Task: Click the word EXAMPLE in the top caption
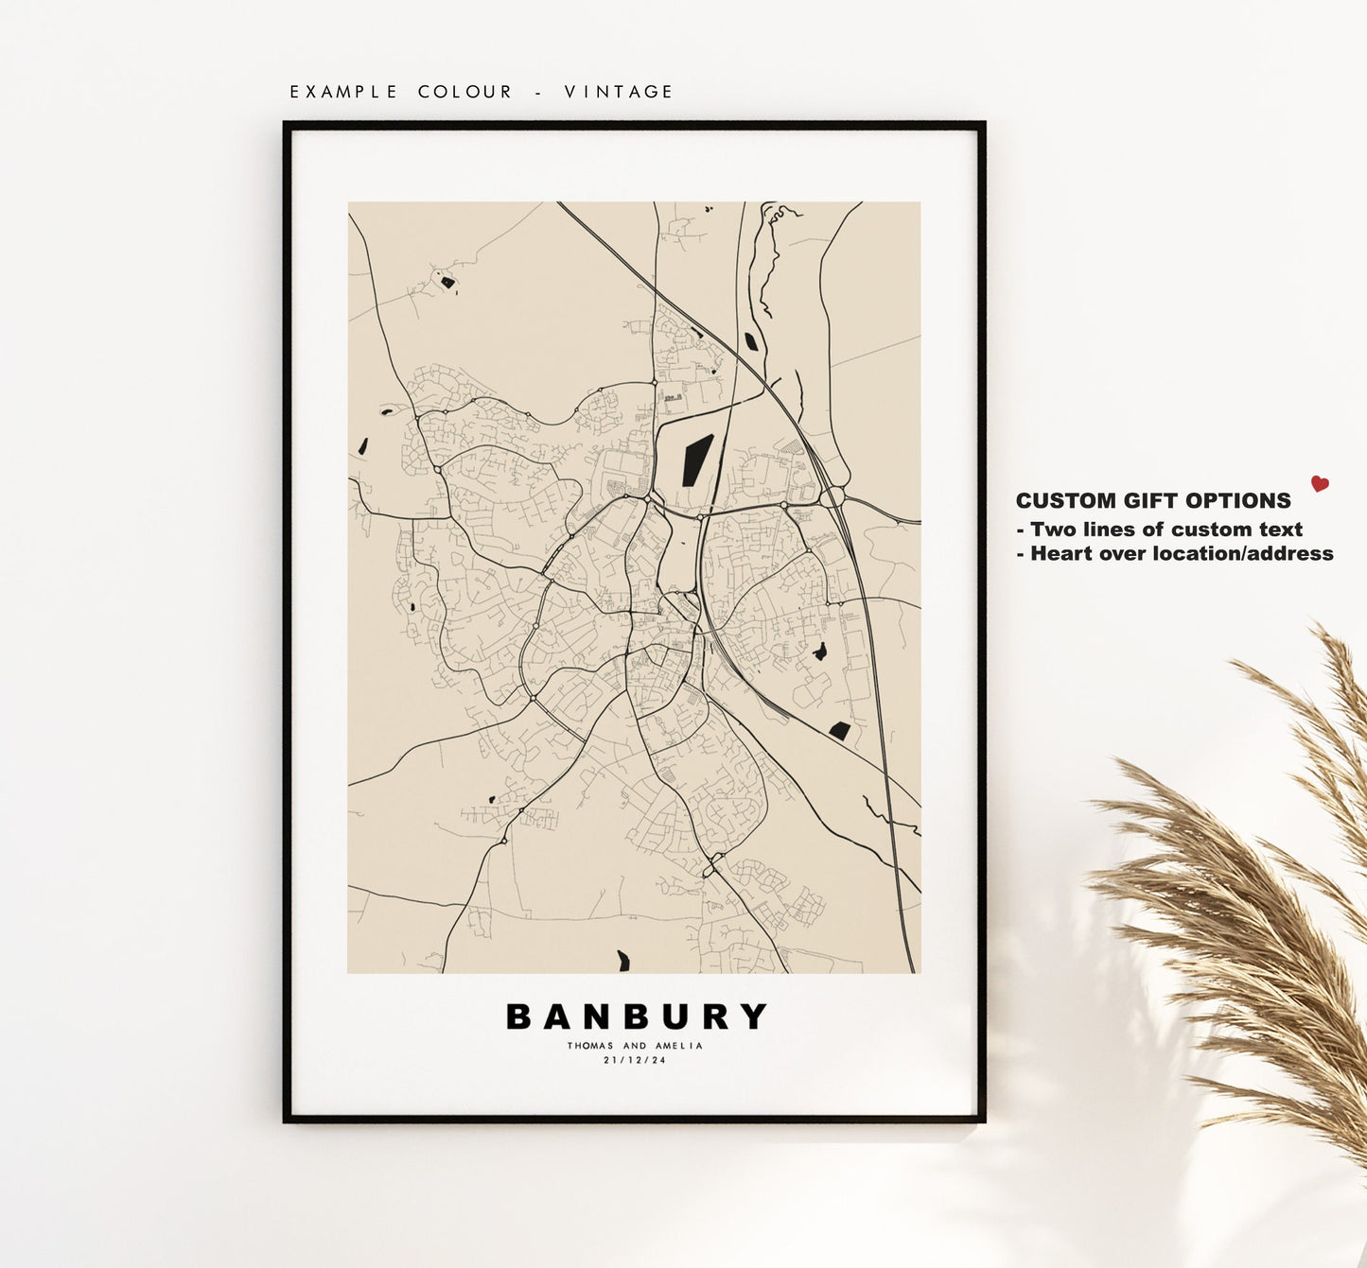pyautogui.click(x=343, y=92)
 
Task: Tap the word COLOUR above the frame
pyautogui.click(x=464, y=92)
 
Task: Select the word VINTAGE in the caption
pyautogui.click(x=619, y=92)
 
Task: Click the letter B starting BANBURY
pyautogui.click(x=519, y=1016)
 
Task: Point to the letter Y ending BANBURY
pyautogui.click(x=754, y=1016)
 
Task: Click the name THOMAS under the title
pyautogui.click(x=591, y=1046)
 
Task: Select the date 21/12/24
pyautogui.click(x=635, y=1060)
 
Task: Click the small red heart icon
pyautogui.click(x=1320, y=484)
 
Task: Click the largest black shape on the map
pyautogui.click(x=697, y=460)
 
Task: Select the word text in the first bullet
pyautogui.click(x=1280, y=530)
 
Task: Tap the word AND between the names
pyautogui.click(x=635, y=1046)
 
